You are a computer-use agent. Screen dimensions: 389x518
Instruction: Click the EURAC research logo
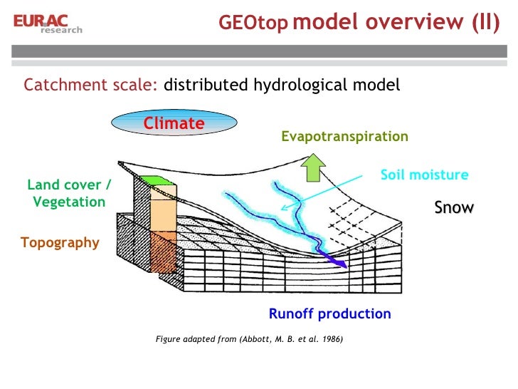pyautogui.click(x=47, y=23)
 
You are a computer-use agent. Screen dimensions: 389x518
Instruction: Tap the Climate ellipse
pyautogui.click(x=174, y=124)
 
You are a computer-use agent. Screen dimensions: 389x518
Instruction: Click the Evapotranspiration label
pyautogui.click(x=344, y=136)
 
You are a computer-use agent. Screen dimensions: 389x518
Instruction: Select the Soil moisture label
pyautogui.click(x=424, y=175)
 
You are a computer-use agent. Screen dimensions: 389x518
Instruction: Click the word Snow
pyautogui.click(x=454, y=207)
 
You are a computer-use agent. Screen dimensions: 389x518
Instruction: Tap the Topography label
pyautogui.click(x=60, y=242)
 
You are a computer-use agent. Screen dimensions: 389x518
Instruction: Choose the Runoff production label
pyautogui.click(x=329, y=313)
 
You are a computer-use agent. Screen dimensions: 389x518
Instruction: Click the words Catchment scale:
pyautogui.click(x=91, y=85)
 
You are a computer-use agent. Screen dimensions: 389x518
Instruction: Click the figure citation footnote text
pyautogui.click(x=249, y=339)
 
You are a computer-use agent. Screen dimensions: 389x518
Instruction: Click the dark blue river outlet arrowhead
pyautogui.click(x=342, y=263)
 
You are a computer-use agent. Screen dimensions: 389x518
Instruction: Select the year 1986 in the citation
pyautogui.click(x=328, y=339)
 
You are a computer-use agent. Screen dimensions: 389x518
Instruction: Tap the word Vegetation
pyautogui.click(x=69, y=202)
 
